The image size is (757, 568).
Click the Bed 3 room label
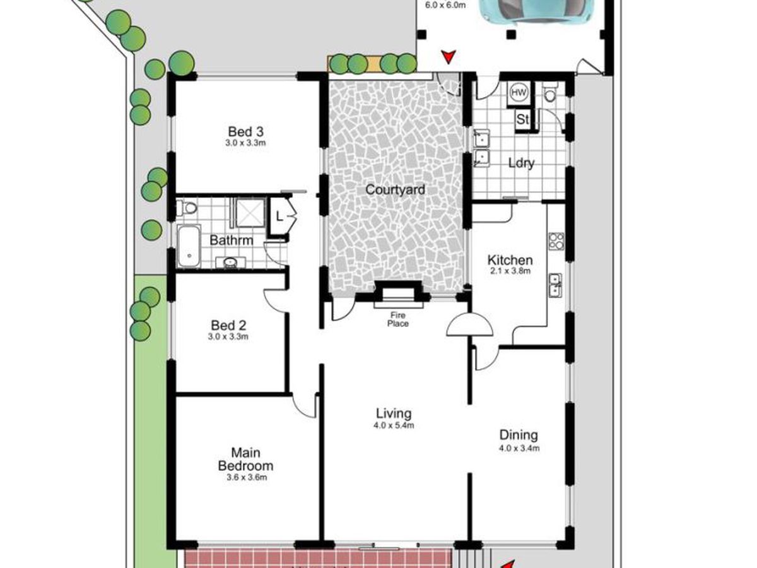(245, 132)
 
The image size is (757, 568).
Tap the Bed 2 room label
(228, 326)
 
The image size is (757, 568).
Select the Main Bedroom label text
(245, 459)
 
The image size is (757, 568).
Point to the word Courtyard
(396, 189)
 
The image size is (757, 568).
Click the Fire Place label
(398, 319)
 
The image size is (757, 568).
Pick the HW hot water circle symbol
(519, 92)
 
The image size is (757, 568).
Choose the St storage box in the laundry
(523, 119)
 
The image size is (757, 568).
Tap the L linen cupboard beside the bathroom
(279, 216)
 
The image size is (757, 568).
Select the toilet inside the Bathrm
(186, 207)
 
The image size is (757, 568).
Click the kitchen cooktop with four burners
(556, 240)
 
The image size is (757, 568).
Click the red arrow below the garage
(449, 57)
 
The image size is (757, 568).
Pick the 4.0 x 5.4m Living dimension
(394, 425)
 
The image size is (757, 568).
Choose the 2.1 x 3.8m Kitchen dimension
(510, 271)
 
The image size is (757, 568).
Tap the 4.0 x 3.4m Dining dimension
(519, 448)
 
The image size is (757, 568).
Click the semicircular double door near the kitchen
(469, 325)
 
